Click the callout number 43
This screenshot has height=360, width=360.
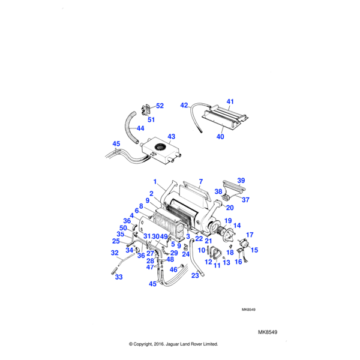tap(171, 137)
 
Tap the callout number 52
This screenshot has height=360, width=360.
tap(160, 106)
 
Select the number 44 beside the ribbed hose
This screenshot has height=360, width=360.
tap(140, 128)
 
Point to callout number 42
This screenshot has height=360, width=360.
tap(184, 106)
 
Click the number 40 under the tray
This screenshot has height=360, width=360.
tap(220, 137)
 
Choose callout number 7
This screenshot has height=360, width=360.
tap(201, 181)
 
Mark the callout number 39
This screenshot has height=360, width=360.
tap(241, 181)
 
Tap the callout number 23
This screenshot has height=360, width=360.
tap(194, 275)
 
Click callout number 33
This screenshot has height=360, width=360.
tap(118, 277)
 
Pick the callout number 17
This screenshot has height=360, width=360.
tap(250, 235)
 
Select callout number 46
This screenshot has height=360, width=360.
tap(173, 270)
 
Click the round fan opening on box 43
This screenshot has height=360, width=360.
tap(160, 148)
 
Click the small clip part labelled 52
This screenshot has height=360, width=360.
tap(146, 110)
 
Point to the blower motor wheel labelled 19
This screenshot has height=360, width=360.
tap(227, 229)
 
